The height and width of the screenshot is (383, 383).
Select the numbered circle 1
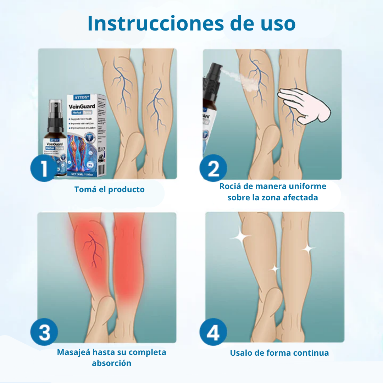(44, 168)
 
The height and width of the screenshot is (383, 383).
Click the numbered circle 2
(213, 168)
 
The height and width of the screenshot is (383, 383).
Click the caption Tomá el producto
(110, 189)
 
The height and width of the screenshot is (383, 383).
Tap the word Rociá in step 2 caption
(233, 186)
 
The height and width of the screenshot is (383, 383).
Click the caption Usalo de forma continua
(279, 353)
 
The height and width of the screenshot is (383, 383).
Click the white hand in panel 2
(303, 106)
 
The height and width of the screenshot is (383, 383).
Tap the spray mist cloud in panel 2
(234, 75)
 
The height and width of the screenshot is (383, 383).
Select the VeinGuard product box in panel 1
(87, 135)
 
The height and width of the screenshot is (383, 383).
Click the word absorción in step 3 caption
(111, 363)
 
